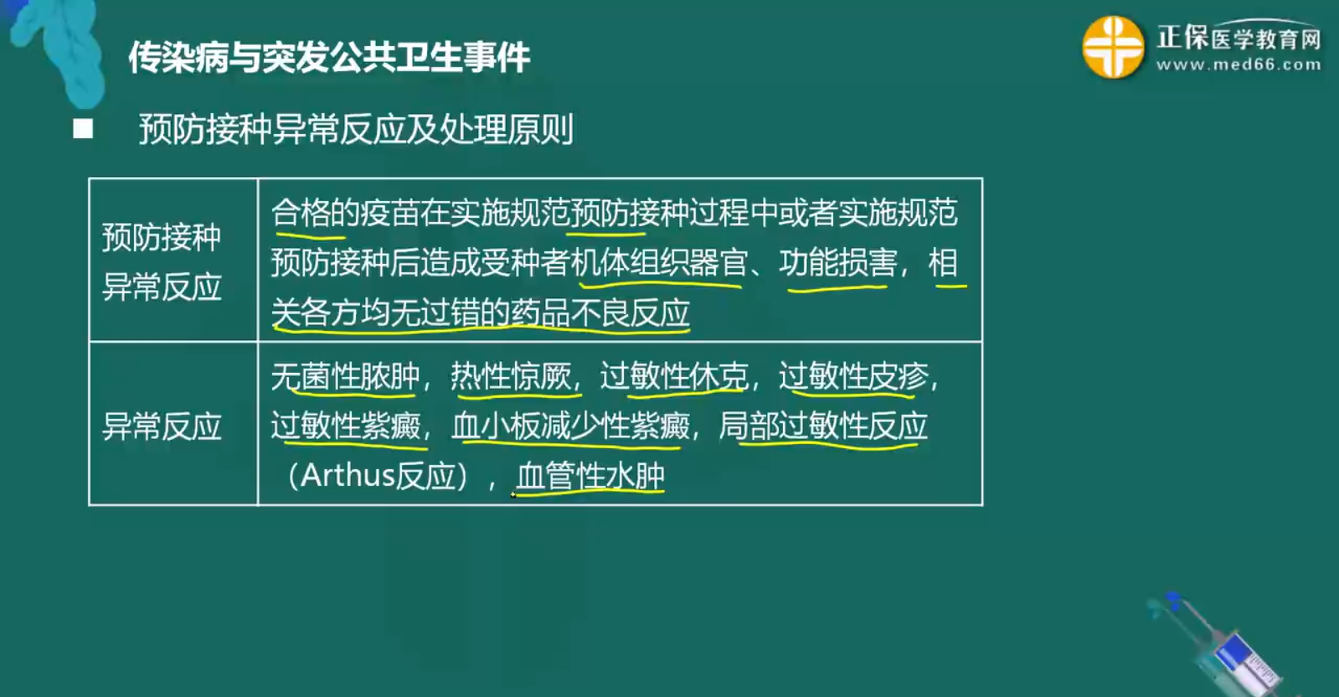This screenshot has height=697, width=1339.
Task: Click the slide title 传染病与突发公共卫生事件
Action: [x=328, y=57]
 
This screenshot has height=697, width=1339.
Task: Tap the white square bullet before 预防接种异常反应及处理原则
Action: [x=82, y=129]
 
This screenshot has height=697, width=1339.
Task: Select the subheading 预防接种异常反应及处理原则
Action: [x=356, y=130]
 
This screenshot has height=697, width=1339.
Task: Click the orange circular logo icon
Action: [x=1112, y=48]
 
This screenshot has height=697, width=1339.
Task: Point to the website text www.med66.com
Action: [x=1238, y=65]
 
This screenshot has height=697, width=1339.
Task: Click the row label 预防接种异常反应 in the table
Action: [x=162, y=261]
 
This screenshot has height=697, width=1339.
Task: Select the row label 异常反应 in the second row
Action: [x=162, y=426]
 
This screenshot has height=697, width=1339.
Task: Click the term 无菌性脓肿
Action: [x=345, y=377]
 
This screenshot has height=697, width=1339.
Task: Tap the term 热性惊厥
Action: [x=511, y=377]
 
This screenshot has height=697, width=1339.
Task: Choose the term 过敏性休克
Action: [x=673, y=377]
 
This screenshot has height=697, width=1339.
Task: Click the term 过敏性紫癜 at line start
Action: [x=345, y=426]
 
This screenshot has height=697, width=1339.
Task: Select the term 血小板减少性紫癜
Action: [x=570, y=426]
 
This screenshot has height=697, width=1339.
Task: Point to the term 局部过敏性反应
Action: [x=823, y=426]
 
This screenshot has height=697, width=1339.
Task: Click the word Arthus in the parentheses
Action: [x=347, y=476]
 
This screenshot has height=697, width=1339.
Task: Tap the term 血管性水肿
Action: [x=590, y=476]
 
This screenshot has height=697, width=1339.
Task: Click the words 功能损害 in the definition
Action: [x=837, y=263]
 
